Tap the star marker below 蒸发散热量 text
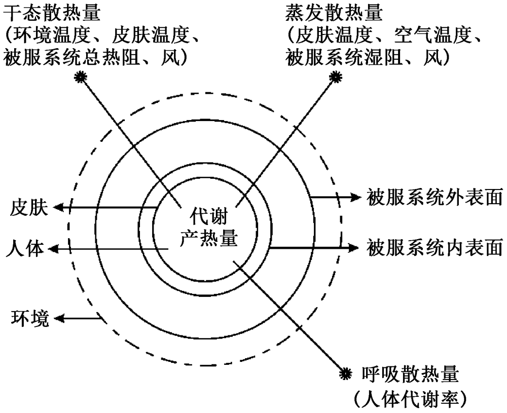pyautogui.click(x=334, y=77)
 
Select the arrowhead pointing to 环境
pyautogui.click(x=60, y=318)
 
